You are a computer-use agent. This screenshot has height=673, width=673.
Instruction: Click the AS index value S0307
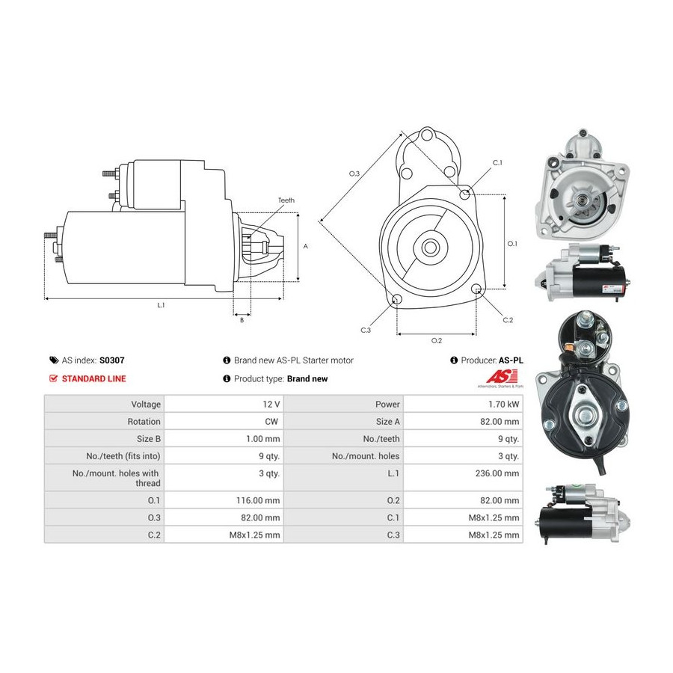(112, 360)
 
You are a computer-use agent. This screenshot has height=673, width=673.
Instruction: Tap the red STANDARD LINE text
(94, 378)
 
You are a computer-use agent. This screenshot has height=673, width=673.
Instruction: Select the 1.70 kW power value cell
(463, 404)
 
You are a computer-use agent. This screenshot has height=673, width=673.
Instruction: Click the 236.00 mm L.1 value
(497, 473)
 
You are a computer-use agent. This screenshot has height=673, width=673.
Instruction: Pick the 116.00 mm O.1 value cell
(224, 500)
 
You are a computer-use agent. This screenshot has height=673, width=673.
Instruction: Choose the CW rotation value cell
(224, 422)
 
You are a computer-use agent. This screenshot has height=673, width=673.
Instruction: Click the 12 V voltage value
(271, 405)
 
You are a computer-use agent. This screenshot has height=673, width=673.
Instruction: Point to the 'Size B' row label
(149, 439)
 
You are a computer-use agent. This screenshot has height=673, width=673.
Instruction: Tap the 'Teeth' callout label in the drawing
(286, 200)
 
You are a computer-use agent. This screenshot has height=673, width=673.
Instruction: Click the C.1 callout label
(497, 163)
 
